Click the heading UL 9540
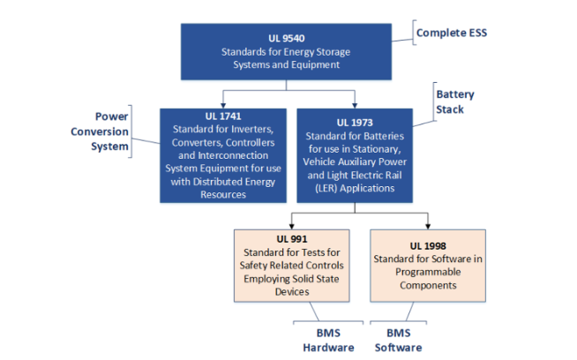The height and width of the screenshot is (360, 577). (286, 38)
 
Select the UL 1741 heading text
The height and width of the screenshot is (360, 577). (223, 116)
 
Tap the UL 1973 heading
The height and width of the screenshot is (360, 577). (355, 123)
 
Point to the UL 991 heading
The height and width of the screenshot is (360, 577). (292, 239)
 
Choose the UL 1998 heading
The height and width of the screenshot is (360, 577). (428, 246)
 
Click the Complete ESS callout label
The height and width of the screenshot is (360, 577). (452, 33)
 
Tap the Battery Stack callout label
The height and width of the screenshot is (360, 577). (455, 102)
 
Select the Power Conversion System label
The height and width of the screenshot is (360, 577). (100, 131)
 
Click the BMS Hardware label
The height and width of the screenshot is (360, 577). (328, 340)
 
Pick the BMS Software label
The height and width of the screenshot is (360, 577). (399, 340)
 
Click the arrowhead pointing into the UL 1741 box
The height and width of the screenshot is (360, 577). (223, 106)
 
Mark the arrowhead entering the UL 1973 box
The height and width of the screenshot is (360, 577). (355, 106)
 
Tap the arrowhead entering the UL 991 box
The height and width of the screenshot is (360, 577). (292, 227)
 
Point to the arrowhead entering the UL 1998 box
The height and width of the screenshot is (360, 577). (428, 227)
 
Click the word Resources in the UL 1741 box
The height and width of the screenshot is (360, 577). (223, 195)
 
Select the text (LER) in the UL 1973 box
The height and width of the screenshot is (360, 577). (326, 189)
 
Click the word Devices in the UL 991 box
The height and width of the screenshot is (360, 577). (292, 292)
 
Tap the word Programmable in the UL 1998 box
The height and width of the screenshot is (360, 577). (428, 272)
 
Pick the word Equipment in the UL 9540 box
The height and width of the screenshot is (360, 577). (315, 64)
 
